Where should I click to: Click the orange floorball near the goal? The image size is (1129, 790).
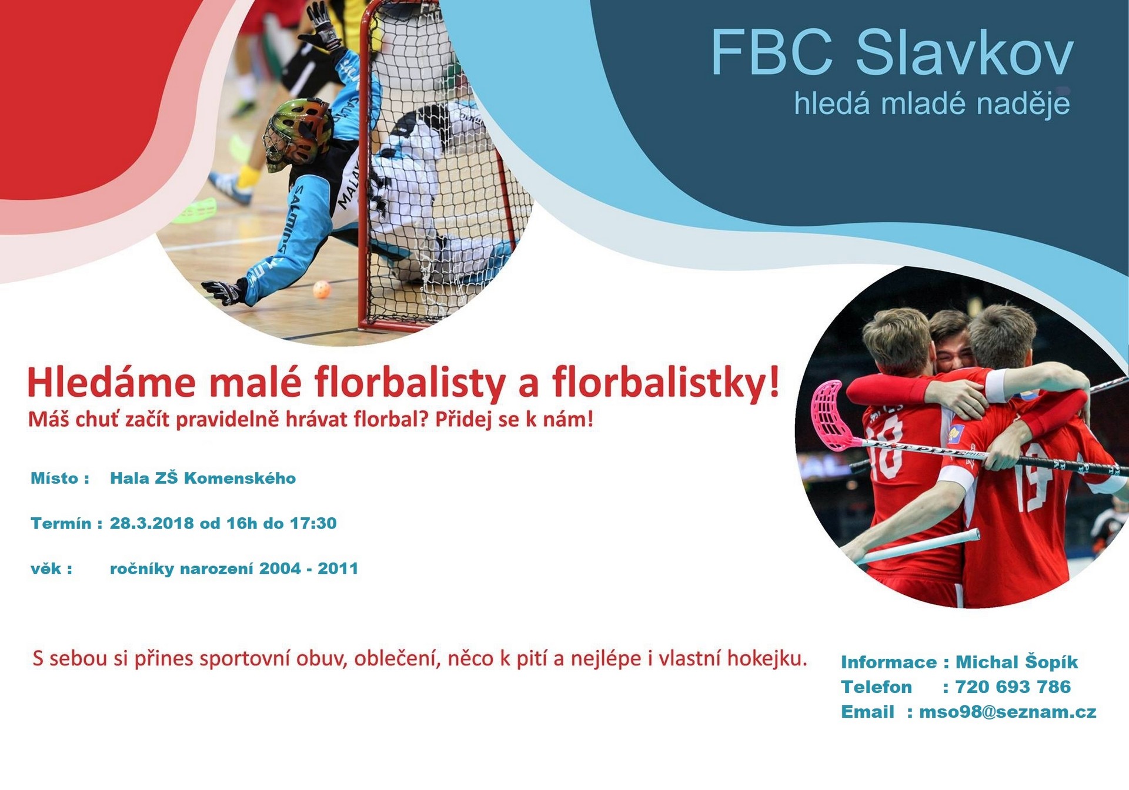pos(322,289)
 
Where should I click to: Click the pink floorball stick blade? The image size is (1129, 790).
pos(829,414)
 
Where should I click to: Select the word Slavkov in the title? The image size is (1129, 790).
pos(964,53)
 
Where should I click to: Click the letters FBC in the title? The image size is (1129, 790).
pos(771,53)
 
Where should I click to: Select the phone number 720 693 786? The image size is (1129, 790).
pos(1013,687)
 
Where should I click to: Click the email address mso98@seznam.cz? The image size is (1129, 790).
pos(1008,712)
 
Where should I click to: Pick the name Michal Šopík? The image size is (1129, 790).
pos(1017,662)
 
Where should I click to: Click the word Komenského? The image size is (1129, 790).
pos(240,478)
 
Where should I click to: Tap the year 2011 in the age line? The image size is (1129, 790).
pos(338,568)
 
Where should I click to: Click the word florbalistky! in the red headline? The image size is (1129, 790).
pos(666,383)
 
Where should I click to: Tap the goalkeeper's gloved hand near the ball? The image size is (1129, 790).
pos(223,292)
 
